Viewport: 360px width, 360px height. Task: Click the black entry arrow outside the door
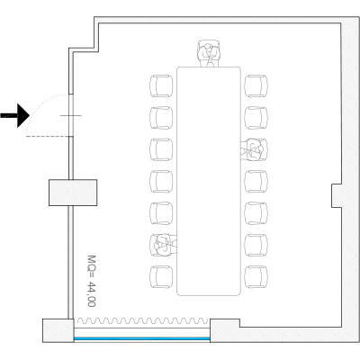point(16,115)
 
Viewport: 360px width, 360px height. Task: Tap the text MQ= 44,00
point(92,281)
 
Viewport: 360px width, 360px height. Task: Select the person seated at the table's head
point(209,53)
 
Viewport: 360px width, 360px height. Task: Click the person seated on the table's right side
point(254,149)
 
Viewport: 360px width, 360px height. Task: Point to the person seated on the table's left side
point(164,245)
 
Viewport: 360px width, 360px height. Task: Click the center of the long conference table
point(209,181)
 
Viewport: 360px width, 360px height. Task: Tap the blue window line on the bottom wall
point(142,338)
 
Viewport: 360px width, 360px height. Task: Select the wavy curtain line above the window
point(143,321)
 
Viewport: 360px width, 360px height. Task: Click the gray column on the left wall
point(73,193)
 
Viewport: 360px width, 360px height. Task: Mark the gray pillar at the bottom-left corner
point(58,330)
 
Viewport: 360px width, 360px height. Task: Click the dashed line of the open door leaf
point(48,137)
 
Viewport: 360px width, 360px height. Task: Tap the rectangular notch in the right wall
point(337,195)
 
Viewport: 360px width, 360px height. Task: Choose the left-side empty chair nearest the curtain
point(161,277)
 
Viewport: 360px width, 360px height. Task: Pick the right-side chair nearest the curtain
point(256,277)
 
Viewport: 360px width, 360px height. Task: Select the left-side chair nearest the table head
point(161,86)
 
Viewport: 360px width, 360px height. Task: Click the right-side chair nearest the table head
point(256,86)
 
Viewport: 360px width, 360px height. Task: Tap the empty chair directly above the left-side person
point(161,213)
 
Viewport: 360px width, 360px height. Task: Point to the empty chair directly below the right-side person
point(256,182)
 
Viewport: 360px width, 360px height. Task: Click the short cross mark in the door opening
point(71,115)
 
